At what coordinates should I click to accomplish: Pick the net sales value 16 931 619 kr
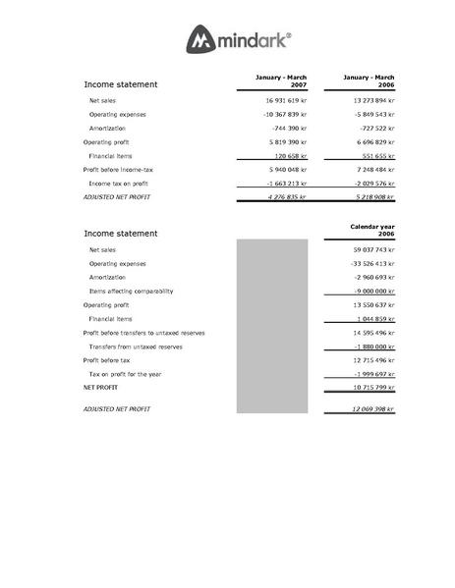tap(287, 100)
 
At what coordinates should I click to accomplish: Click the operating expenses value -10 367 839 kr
tap(286, 115)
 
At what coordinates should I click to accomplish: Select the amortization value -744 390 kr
tap(290, 129)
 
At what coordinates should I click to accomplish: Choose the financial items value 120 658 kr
tap(291, 156)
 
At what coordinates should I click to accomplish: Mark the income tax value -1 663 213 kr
tap(287, 184)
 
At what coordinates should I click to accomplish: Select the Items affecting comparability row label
tap(131, 292)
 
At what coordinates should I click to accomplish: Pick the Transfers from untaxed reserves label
tap(136, 347)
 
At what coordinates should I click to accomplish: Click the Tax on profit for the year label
tap(132, 374)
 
